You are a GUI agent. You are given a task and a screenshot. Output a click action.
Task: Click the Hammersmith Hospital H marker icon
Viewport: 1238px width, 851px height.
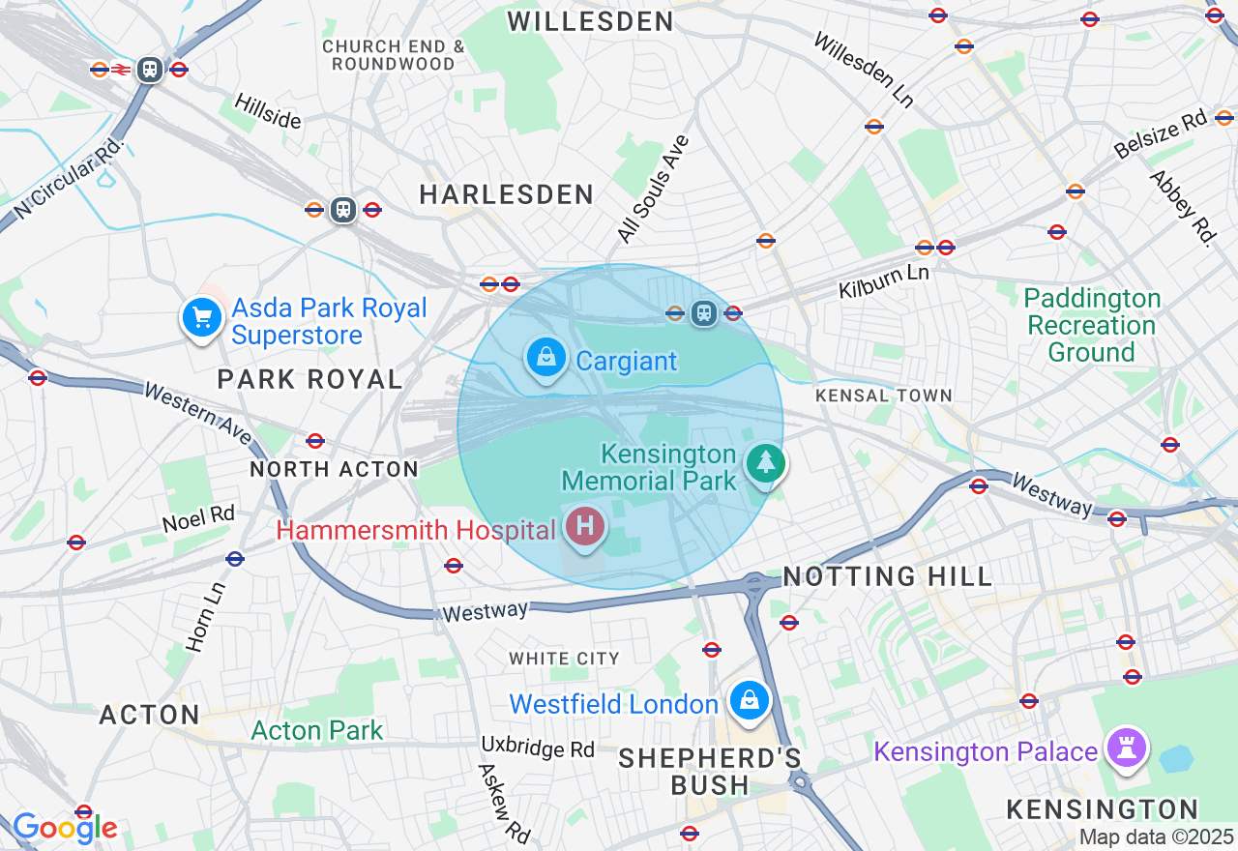(584, 527)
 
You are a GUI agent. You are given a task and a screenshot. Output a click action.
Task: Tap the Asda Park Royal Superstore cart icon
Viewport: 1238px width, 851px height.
(201, 316)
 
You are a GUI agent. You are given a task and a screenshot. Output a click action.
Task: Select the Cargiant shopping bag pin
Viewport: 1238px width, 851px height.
(546, 357)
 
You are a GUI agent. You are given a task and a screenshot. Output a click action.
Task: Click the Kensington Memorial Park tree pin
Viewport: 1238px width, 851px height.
(766, 463)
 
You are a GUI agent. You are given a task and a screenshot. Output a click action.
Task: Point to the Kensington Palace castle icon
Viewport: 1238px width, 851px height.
(1128, 748)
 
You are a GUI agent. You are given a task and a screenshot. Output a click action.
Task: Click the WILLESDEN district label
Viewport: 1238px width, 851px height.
(590, 21)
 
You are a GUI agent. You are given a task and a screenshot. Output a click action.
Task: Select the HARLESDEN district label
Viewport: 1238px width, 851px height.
(506, 194)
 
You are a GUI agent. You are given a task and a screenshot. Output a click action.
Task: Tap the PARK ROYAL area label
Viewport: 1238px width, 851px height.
(309, 379)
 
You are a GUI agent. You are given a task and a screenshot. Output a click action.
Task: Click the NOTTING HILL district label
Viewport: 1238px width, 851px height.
(887, 577)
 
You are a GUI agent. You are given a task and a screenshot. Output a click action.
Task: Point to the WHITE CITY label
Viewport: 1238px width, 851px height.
(564, 659)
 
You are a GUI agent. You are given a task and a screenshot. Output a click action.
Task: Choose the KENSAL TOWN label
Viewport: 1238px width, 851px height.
(883, 396)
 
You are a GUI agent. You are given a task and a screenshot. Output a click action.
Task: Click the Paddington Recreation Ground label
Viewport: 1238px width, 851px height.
(1091, 325)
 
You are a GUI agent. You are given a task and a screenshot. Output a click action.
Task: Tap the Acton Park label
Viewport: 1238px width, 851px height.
(317, 730)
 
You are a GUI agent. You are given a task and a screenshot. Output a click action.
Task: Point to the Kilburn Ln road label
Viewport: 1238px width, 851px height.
(883, 280)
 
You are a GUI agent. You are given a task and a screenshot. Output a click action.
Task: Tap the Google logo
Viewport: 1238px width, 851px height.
(65, 828)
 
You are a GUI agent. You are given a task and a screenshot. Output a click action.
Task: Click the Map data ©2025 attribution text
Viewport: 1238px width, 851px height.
(1157, 836)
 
